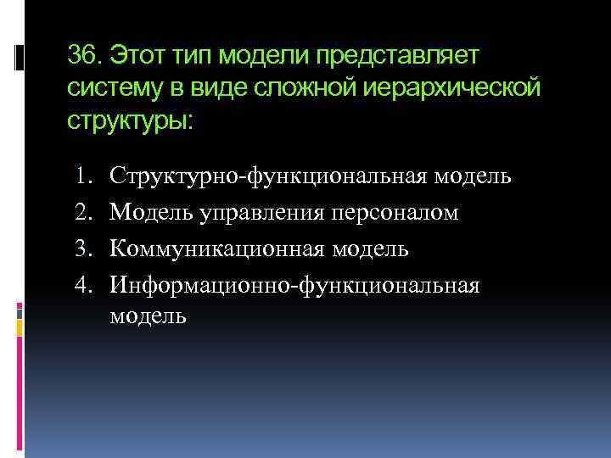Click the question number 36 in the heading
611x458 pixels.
83,57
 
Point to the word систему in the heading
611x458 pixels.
115,88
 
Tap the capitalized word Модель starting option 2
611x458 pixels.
149,213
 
